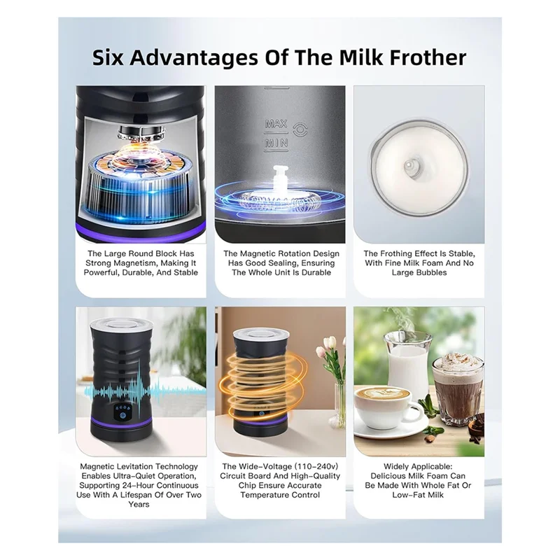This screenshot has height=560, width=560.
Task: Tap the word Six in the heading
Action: click(x=114, y=57)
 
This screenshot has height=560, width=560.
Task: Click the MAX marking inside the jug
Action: click(x=276, y=125)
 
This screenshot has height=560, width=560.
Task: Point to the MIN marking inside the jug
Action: click(x=276, y=144)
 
